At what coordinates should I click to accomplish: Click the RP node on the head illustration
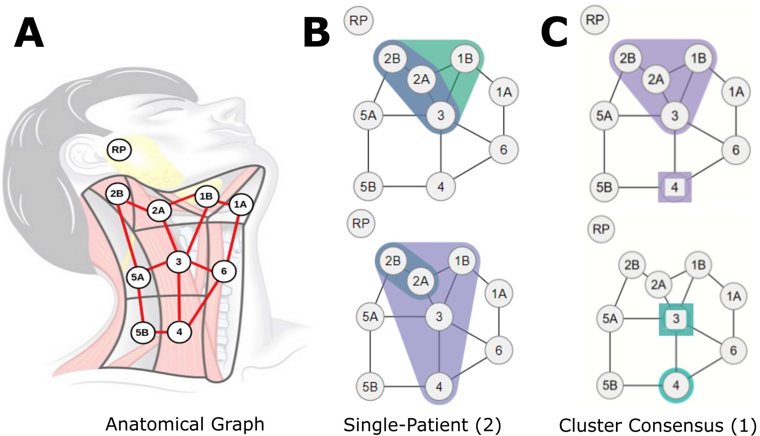point(119,150)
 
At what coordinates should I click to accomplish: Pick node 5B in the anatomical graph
point(142,332)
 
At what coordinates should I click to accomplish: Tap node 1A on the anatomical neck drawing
point(240,204)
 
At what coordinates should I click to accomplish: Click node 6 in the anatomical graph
point(224,271)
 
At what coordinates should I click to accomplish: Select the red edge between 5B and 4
point(161,332)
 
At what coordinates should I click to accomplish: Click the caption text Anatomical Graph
point(185,424)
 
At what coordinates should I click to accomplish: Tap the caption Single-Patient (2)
point(422,425)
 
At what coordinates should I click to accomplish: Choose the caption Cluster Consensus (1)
point(657,425)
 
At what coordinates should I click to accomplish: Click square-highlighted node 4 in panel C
point(674,187)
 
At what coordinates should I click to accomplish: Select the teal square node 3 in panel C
point(676,319)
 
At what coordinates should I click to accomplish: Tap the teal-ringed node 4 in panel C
point(676,385)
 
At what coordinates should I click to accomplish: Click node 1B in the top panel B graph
point(465,58)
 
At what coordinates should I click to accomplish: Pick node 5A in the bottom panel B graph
point(370,317)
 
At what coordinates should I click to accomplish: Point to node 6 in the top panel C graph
point(736,150)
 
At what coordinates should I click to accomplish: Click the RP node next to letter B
point(358,20)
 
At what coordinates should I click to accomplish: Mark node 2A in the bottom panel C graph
point(658,284)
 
